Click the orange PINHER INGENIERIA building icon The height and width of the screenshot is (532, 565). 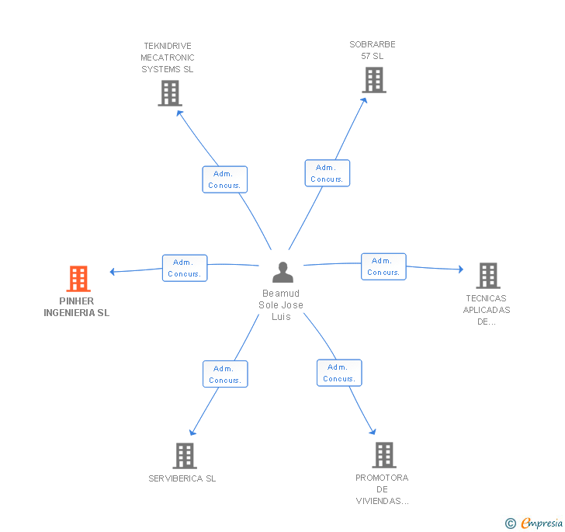[78, 279]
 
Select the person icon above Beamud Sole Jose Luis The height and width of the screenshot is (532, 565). [282, 272]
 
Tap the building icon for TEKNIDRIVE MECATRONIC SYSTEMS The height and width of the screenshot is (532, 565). [170, 93]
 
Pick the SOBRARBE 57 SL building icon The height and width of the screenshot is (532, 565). [374, 80]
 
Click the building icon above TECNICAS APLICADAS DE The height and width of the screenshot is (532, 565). [488, 276]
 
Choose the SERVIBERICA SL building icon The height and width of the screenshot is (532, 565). [185, 456]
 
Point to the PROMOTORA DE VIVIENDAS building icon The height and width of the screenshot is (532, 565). [384, 455]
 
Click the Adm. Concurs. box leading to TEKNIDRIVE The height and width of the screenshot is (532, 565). [225, 179]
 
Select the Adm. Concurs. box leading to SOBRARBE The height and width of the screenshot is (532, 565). [328, 173]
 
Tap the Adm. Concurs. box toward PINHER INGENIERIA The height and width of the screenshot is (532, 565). [185, 268]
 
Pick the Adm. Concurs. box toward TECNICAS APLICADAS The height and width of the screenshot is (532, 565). [383, 266]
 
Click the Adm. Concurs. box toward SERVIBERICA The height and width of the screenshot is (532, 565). [225, 374]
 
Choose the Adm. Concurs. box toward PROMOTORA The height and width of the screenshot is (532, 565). [339, 373]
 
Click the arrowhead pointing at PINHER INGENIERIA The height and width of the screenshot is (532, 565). [112, 272]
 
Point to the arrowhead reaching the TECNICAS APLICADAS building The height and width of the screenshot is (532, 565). [461, 269]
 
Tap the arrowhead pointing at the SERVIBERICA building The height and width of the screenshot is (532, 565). [192, 432]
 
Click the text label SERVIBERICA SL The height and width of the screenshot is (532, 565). [182, 478]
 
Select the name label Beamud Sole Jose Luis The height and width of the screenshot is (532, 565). [281, 304]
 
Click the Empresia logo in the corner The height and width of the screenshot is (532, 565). [534, 523]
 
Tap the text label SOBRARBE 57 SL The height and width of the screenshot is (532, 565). [373, 50]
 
